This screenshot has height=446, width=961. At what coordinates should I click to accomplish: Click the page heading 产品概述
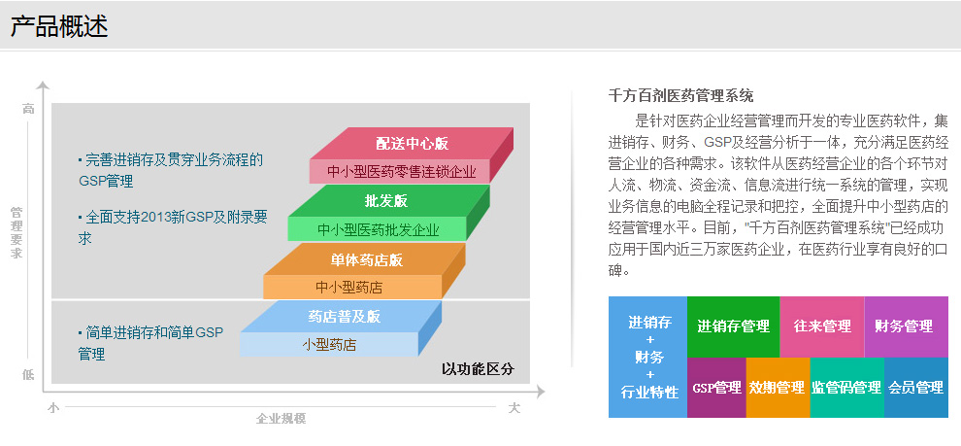59,26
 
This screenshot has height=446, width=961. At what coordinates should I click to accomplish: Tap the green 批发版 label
386,200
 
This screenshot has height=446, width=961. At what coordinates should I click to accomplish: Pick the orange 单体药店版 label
367,259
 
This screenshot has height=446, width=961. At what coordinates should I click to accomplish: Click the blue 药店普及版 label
344,317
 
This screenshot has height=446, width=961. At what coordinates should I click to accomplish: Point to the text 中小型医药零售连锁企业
402,172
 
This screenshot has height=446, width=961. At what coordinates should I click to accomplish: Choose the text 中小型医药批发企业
379,230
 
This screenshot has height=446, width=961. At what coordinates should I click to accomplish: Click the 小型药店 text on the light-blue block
329,345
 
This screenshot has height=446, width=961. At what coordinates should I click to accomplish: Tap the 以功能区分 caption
478,369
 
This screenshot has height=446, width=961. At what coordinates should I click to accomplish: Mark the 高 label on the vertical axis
28,109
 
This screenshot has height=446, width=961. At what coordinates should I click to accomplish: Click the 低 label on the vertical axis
28,374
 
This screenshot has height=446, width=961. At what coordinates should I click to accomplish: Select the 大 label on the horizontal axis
514,408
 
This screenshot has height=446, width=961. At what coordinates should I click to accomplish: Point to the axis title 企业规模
281,419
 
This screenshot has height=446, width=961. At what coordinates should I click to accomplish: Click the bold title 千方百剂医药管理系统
680,95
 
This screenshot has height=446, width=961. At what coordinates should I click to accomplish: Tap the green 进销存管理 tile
733,326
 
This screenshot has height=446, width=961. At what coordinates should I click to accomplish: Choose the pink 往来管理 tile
822,326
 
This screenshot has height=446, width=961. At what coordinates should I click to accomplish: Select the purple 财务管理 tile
906,326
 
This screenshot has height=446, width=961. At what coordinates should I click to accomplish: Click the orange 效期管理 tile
778,388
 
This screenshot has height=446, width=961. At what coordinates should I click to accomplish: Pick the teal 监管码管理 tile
847,388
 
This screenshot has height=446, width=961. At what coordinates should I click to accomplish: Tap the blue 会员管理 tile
915,388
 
